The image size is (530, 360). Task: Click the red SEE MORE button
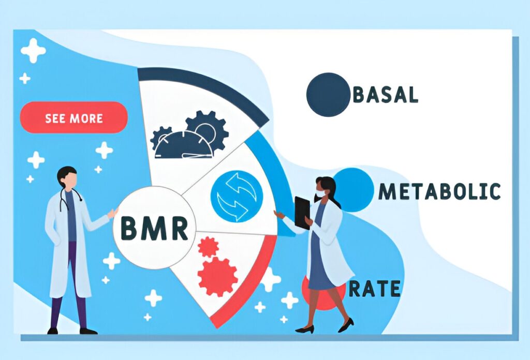point(73,117)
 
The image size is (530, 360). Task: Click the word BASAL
point(386,95)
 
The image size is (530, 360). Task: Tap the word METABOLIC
point(439,191)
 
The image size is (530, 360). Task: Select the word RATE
point(375,289)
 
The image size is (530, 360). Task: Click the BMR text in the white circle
point(154,228)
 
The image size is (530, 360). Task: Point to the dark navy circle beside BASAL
point(328,95)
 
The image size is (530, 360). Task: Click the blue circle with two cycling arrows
point(237,196)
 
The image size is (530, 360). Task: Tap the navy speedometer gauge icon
point(184,145)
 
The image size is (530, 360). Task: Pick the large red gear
point(218,277)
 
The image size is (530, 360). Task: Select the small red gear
point(208,247)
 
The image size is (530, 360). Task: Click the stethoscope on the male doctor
point(69,199)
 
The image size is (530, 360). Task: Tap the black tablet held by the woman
point(302,213)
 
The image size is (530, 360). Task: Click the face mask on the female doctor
point(320,194)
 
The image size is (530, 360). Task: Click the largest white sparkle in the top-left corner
point(33,50)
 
